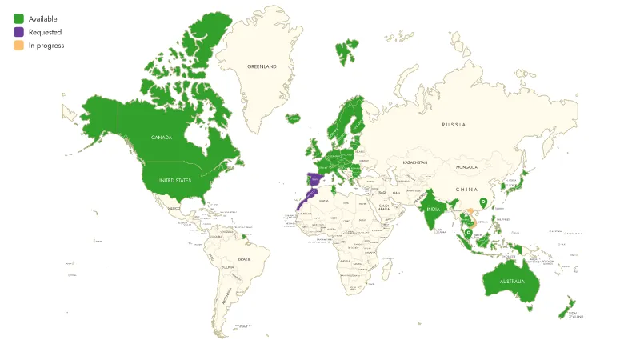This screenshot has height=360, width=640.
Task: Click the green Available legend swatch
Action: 18,18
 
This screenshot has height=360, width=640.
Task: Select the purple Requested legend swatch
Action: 18,32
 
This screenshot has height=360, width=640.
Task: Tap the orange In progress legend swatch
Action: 18,46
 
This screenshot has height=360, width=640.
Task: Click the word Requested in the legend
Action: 45,32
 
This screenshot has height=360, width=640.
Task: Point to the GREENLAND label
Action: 262,66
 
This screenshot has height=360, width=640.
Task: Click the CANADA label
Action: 162,138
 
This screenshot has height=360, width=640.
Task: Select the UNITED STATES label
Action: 174,181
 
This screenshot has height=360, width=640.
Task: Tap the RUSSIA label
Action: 454,125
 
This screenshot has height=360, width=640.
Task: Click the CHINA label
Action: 466,190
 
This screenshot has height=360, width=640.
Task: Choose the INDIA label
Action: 434,210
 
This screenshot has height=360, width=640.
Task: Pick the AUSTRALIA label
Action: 512,282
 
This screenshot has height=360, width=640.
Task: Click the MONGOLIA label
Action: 466,167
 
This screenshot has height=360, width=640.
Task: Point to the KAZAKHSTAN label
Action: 415,162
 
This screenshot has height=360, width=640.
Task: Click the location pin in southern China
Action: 482,203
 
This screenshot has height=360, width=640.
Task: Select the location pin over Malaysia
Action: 467,233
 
